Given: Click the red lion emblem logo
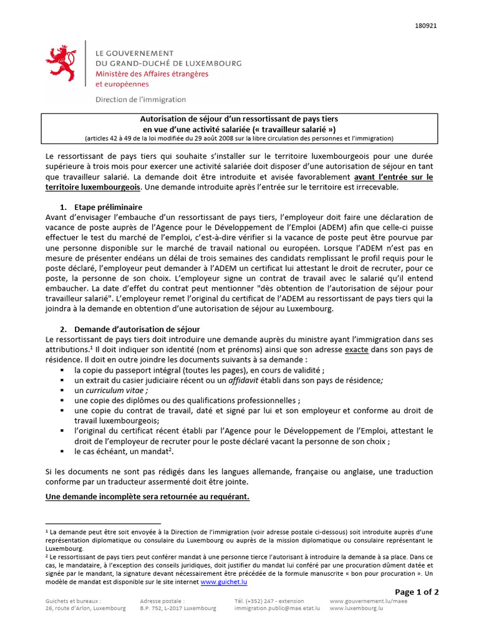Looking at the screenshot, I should pyautogui.click(x=62, y=63).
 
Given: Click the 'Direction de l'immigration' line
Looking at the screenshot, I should pyautogui.click(x=140, y=99).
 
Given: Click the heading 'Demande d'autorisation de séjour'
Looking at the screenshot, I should pyautogui.click(x=137, y=328).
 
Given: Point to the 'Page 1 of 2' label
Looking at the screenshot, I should pyautogui.click(x=417, y=591).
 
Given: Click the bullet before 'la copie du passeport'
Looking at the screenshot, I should pyautogui.click(x=62, y=370).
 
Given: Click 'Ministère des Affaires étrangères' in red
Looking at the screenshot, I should pyautogui.click(x=152, y=74).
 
